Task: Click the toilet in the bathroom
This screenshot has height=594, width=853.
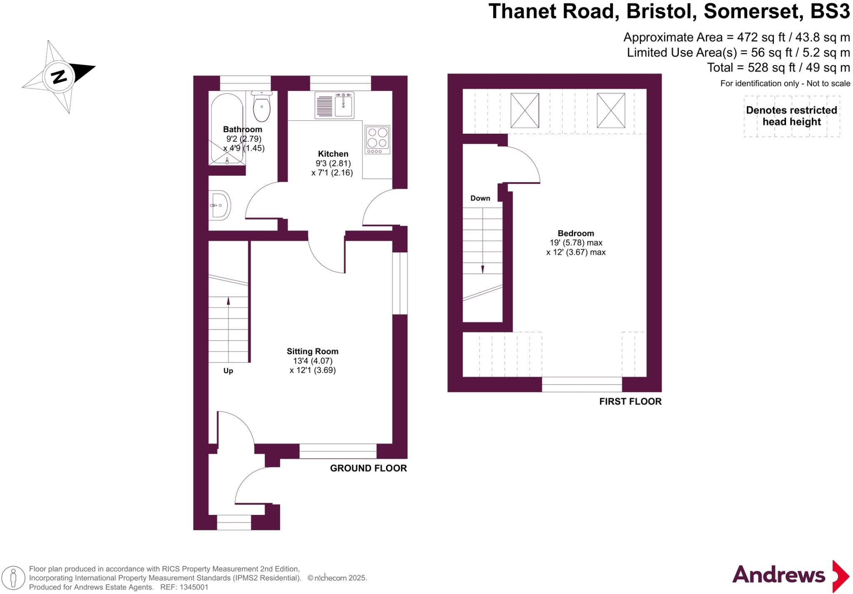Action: pos(262,107)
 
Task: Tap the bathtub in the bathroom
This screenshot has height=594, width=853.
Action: pos(227,129)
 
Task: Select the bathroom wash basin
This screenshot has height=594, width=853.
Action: pos(219,205)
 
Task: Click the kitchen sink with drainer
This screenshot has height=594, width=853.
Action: pos(334,105)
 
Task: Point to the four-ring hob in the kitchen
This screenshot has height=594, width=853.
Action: pos(377,139)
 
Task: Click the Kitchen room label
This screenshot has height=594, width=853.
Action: pos(333,154)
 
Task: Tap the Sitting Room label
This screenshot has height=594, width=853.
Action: pos(312,351)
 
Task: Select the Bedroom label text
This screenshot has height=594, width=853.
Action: pos(576,233)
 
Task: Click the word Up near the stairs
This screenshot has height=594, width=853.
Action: pos(228,371)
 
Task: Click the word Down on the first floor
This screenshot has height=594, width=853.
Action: pos(480,198)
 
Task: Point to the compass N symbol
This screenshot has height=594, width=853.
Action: pos(59,77)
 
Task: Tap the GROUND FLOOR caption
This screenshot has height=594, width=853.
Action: pos(368,468)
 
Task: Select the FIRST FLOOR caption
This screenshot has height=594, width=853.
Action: pos(630,402)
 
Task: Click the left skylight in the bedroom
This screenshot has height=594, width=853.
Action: pos(524,110)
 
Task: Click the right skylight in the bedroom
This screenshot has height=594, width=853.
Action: pos(611,110)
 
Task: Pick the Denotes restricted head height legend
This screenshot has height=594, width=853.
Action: pos(791,116)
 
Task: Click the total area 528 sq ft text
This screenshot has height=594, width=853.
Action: pos(778,67)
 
